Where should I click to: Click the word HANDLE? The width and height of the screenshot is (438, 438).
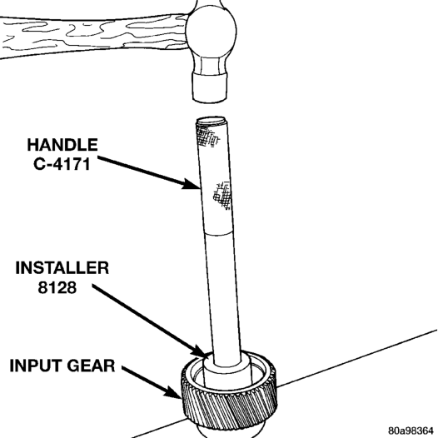pyautogui.click(x=62, y=145)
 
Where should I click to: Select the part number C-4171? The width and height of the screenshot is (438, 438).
pyautogui.click(x=62, y=164)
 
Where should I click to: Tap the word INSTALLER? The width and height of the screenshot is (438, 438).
pyautogui.click(x=62, y=267)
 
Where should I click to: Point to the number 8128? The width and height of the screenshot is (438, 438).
pyautogui.click(x=57, y=287)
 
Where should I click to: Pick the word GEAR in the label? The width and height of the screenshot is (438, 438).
pyautogui.click(x=91, y=366)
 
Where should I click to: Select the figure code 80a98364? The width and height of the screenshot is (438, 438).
pyautogui.click(x=412, y=431)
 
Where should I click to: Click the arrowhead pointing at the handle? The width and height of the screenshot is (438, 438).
pyautogui.click(x=192, y=185)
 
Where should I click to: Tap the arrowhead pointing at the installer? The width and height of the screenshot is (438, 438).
pyautogui.click(x=202, y=351)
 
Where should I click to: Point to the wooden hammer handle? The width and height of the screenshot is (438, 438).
pyautogui.click(x=93, y=36)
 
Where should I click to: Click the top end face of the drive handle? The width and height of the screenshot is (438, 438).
pyautogui.click(x=211, y=121)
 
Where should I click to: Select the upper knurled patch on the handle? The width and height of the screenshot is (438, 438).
pyautogui.click(x=208, y=137)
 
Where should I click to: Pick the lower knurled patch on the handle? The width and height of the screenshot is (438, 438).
pyautogui.click(x=222, y=195)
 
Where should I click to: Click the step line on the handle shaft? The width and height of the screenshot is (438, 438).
pyautogui.click(x=218, y=232)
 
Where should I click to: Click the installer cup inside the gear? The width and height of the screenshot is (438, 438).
pyautogui.click(x=226, y=370)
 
